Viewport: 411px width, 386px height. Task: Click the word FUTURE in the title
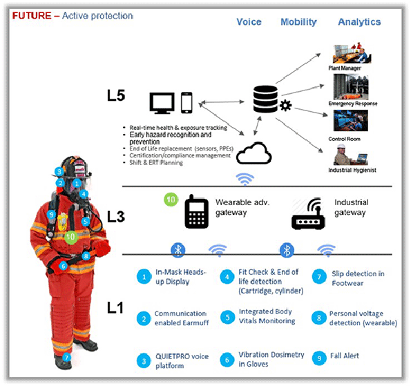click(28, 15)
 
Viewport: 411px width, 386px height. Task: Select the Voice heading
click(249, 22)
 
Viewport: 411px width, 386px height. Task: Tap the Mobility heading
click(298, 22)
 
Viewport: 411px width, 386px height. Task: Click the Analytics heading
click(359, 22)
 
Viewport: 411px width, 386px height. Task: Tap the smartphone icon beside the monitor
click(187, 103)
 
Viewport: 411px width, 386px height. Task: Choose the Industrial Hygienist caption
click(352, 170)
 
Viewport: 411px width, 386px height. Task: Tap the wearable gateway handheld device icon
click(196, 211)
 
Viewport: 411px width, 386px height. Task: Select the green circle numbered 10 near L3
click(172, 200)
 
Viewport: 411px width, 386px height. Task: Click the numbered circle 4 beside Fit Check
click(227, 276)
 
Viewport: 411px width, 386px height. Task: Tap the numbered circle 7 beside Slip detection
click(317, 276)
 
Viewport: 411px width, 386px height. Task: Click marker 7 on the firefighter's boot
click(67, 358)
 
